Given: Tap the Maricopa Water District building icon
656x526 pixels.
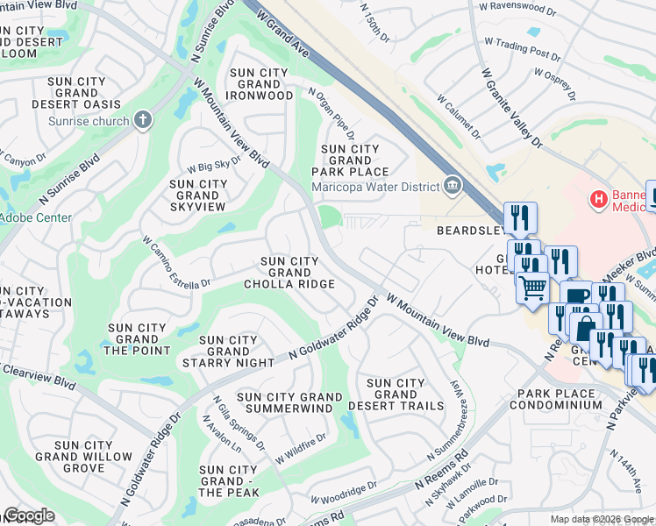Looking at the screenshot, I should pos(453,184).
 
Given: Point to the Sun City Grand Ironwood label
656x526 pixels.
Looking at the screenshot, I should pos(260,83).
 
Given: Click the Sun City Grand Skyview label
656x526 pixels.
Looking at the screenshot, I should pos(198,195).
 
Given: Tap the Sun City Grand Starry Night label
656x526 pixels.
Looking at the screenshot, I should pos(229,352).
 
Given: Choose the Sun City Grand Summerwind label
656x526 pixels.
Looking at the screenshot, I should pos(290,403).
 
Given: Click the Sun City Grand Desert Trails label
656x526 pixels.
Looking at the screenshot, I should pos(396,394).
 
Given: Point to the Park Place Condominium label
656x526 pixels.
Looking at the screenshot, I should pos(560,400).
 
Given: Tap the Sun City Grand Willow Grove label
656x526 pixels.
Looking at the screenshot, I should pos(83,457).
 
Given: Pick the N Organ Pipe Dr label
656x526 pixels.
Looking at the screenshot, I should pos(331,113).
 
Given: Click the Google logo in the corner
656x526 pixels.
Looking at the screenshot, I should pos(29,515).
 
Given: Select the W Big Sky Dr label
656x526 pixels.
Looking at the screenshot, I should pos(214,166).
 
